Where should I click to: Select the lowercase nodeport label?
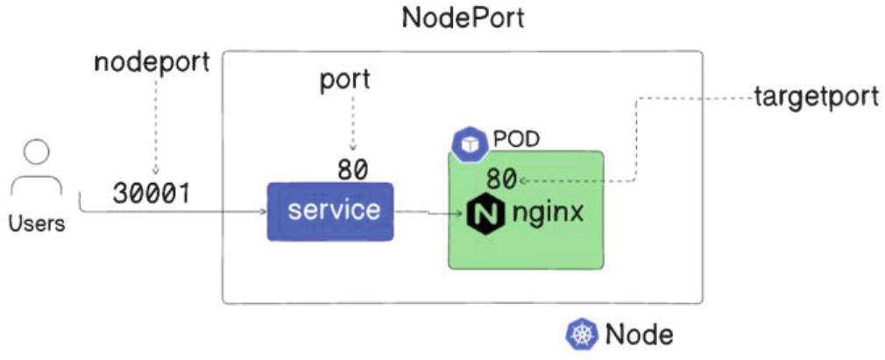152,63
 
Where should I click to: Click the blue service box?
330,211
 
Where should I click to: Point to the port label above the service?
343,80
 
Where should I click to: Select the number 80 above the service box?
352,170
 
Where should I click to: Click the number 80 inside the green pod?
501,180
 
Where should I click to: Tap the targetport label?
816,97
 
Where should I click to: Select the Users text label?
36,224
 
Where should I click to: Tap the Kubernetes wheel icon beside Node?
580,334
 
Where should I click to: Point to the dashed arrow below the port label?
353,123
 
